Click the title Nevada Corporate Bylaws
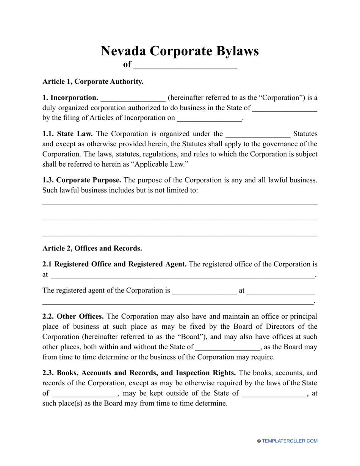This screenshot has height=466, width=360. [x=180, y=51]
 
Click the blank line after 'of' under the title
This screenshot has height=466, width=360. [x=185, y=65]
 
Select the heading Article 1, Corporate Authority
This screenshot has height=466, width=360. [x=93, y=81]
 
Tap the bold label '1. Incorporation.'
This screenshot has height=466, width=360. [x=70, y=98]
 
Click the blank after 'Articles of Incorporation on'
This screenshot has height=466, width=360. [x=209, y=118]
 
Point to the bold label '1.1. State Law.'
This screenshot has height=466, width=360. [x=68, y=134]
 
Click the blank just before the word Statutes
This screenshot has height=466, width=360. [x=258, y=134]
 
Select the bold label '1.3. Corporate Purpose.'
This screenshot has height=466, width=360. [x=81, y=180]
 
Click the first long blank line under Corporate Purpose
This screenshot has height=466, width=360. [x=180, y=204]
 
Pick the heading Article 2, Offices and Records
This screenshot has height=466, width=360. [x=92, y=249]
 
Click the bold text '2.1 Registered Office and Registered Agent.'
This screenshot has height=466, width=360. [x=114, y=264]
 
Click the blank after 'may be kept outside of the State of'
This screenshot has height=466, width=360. [x=274, y=393]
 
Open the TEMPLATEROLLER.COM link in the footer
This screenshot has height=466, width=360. [x=290, y=441]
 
